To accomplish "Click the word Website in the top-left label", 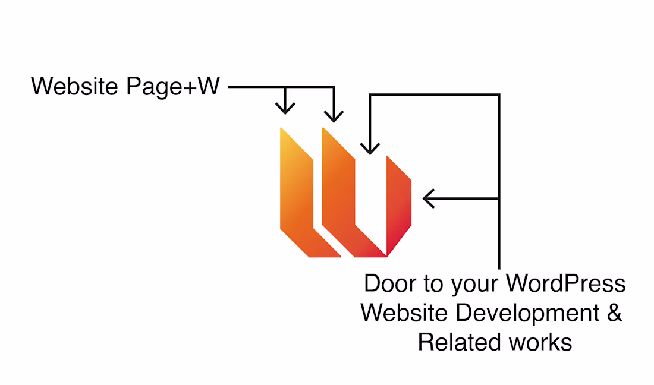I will tap(75, 87).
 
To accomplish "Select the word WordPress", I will tap(565, 283).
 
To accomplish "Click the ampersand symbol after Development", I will tap(614, 313).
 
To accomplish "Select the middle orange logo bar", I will tap(345, 196).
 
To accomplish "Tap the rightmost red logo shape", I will tap(398, 202).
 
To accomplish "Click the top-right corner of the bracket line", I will tap(499, 94).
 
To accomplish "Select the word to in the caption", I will tap(432, 283).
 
